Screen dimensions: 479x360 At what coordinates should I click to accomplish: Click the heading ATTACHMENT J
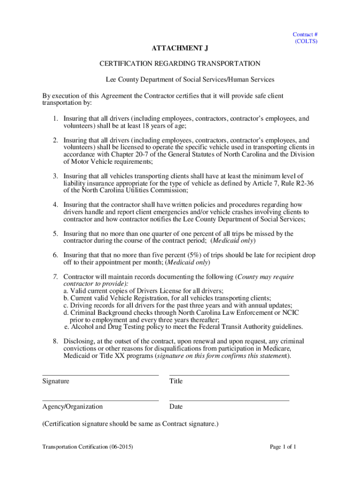coord(180,48)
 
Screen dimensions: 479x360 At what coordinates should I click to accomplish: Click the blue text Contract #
coord(306,34)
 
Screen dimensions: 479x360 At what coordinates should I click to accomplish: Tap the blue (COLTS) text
coord(306,41)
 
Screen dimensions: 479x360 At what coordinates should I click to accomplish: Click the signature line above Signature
coord(100,375)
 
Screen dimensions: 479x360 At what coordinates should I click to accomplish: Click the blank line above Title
coord(229,375)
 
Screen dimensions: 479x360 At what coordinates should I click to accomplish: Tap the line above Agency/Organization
coord(100,400)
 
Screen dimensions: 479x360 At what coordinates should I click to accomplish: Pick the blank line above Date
coord(229,400)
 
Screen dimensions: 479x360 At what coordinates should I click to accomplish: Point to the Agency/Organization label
coord(72,407)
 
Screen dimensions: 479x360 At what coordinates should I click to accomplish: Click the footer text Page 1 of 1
coord(283,447)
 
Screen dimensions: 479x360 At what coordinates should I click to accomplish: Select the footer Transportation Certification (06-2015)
coord(88,447)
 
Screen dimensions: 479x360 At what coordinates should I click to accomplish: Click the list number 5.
coord(55,233)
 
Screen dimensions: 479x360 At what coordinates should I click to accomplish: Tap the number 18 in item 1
coord(149,126)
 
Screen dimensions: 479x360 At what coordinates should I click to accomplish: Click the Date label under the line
coord(176,407)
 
